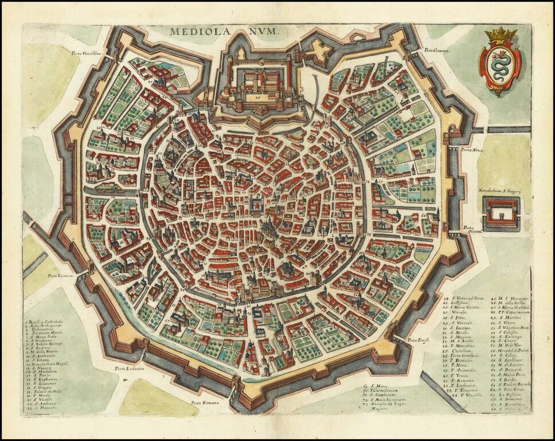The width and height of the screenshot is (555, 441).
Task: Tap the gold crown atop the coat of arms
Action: click(x=500, y=36)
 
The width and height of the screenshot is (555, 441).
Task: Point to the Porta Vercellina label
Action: click(x=86, y=52)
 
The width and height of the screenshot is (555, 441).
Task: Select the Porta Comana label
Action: click(x=436, y=51)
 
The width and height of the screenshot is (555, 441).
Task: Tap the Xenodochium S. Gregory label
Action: click(x=500, y=188)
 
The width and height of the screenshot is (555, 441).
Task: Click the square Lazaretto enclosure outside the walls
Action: click(x=501, y=214)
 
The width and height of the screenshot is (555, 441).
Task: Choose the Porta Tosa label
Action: click(x=418, y=340)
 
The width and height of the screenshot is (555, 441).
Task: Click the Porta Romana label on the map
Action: click(x=204, y=403)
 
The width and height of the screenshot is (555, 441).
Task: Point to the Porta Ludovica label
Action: click(x=128, y=369)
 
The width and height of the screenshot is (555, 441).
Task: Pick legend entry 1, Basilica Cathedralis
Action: click(x=46, y=322)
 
